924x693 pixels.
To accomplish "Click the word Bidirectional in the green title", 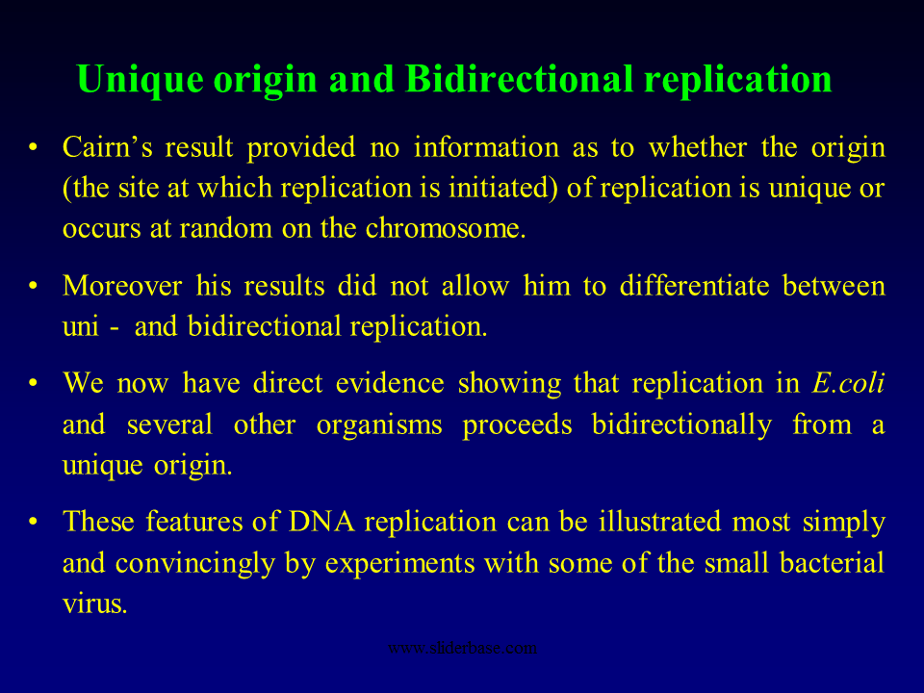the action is tap(520, 78).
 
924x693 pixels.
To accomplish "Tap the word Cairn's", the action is tap(107, 146).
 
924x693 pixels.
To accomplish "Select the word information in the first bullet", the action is tap(486, 146).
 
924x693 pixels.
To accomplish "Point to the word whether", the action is tap(698, 146).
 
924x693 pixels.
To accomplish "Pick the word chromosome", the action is tap(446, 228).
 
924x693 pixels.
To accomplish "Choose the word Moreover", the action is tap(122, 286).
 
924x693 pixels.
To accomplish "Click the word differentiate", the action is tap(694, 286).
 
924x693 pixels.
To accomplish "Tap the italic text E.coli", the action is tap(849, 383).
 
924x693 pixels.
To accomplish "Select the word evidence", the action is tap(390, 383).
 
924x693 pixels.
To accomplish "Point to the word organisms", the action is tap(379, 424).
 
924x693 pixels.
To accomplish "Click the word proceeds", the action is tap(517, 424).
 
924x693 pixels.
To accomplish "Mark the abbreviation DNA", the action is tap(321, 522).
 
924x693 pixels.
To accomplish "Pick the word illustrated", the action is tap(660, 522).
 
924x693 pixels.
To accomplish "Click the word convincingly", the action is tap(195, 563).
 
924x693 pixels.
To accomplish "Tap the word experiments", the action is tap(400, 563).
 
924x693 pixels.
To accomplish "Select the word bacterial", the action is tap(832, 563).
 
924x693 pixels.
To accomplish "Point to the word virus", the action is tap(95, 603).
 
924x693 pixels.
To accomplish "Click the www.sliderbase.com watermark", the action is tap(463, 648).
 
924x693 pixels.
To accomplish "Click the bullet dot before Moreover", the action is tap(33, 286).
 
